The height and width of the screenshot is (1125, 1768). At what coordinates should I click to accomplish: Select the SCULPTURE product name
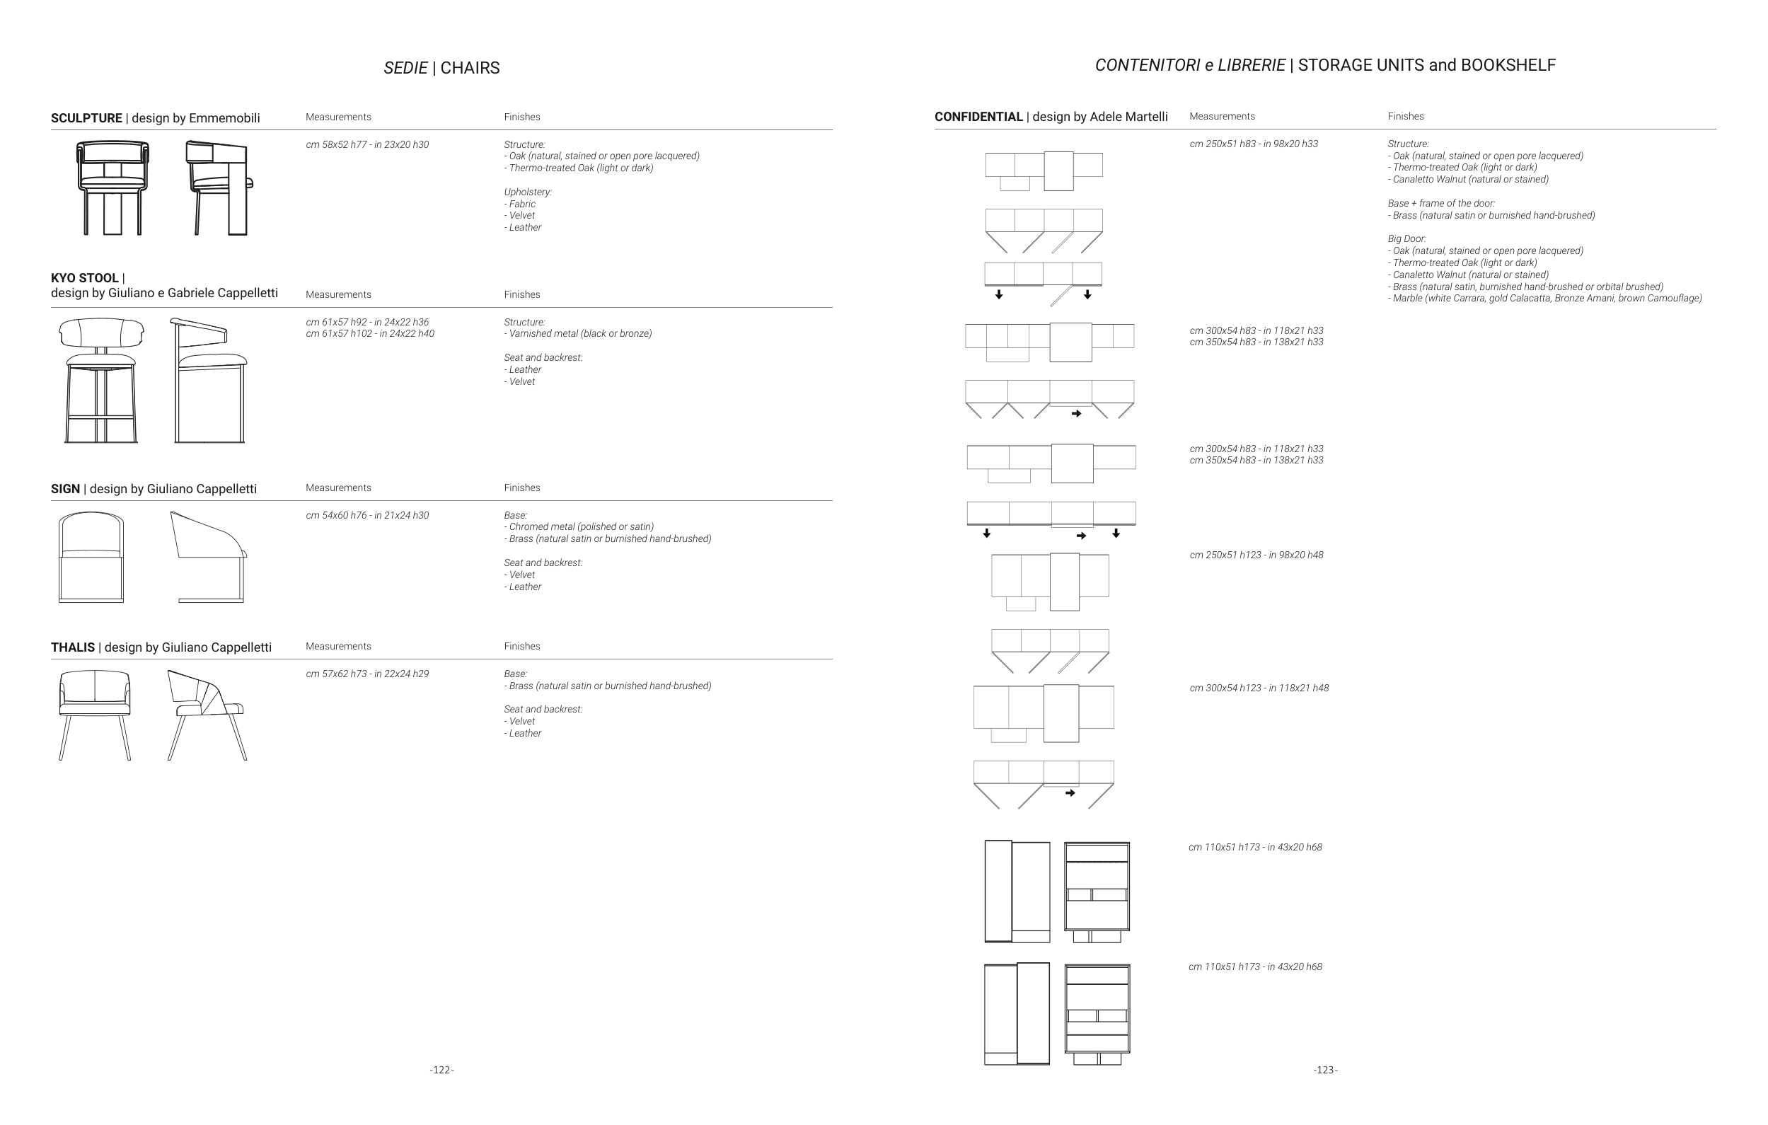click(86, 118)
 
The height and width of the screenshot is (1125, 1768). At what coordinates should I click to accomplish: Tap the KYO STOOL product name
click(84, 278)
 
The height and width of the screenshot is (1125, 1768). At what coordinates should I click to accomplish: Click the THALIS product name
click(73, 647)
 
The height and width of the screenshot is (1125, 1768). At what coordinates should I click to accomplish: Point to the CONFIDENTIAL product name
click(978, 117)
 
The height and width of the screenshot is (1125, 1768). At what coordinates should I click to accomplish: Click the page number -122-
click(441, 1070)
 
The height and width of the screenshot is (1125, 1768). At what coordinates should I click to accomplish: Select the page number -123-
click(1325, 1070)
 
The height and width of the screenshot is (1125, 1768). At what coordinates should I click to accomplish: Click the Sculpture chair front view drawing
click(112, 188)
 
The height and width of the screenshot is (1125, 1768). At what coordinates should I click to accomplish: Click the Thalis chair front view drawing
click(95, 715)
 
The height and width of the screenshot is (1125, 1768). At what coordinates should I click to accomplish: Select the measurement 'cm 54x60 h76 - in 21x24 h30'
click(367, 516)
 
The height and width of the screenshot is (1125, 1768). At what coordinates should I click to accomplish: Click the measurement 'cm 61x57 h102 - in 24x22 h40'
click(369, 334)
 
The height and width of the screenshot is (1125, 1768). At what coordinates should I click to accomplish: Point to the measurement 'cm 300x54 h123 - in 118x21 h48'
click(1259, 688)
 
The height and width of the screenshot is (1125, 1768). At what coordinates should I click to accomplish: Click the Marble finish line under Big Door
click(1544, 299)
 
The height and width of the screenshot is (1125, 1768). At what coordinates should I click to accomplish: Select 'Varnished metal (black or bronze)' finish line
click(578, 334)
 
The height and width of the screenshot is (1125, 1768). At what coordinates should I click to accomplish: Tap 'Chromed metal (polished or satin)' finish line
click(579, 527)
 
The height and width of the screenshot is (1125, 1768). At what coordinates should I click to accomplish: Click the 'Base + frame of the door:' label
click(1440, 203)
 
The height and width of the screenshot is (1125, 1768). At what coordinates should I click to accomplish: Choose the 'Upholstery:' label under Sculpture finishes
click(527, 192)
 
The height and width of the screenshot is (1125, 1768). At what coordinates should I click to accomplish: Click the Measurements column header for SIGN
click(338, 488)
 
